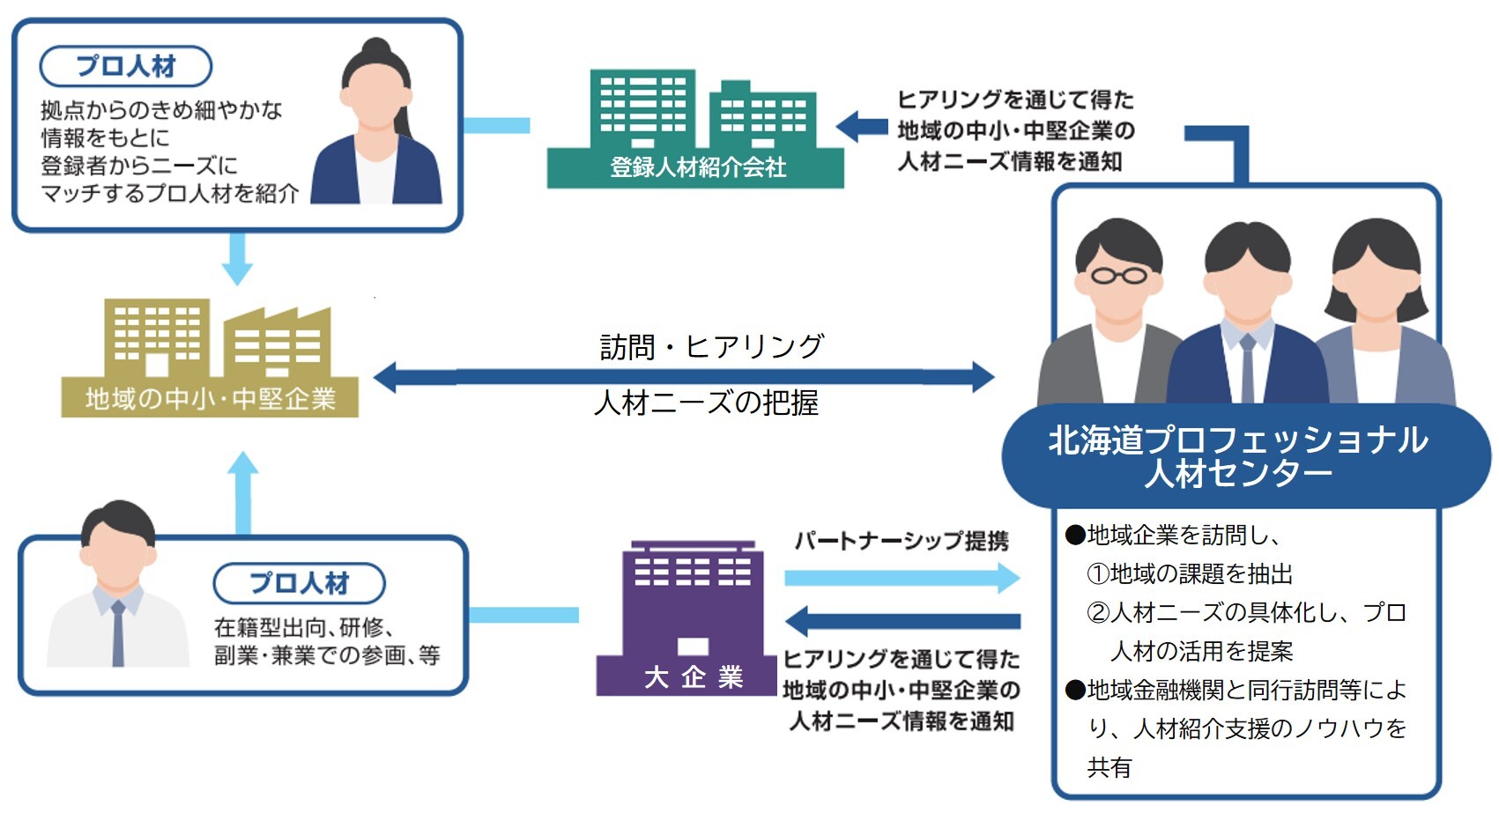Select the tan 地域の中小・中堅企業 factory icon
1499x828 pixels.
[210, 357]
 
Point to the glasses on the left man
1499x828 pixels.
[1118, 276]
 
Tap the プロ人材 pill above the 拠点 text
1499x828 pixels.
[126, 66]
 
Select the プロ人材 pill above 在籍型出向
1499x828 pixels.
[299, 583]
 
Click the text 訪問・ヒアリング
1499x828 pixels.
[711, 346]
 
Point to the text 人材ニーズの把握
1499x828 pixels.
[706, 403]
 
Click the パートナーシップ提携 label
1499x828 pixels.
[902, 540]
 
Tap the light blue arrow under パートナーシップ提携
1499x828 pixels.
[902, 578]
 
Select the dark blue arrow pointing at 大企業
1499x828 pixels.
[902, 621]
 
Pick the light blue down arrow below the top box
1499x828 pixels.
[237, 260]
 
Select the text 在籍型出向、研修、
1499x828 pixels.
[304, 627]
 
